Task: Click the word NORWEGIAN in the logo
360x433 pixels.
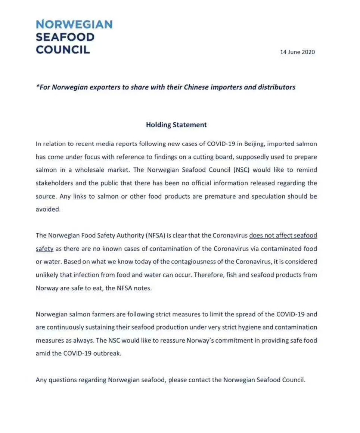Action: coord(74,25)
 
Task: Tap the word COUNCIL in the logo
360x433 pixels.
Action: coord(63,50)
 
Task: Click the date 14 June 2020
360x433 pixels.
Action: coord(297,52)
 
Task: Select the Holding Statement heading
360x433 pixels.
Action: coord(176,125)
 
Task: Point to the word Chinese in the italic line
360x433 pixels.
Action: coord(198,87)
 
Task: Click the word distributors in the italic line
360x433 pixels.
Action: coord(277,87)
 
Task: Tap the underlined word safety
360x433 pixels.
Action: coord(44,249)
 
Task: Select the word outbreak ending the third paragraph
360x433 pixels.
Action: coord(109,353)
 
